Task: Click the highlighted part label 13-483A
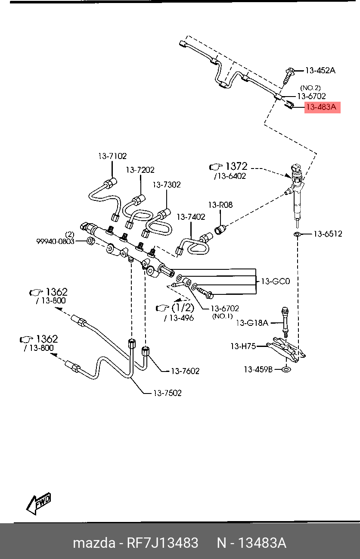click(x=322, y=107)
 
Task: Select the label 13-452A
click(x=320, y=70)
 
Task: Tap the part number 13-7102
click(x=112, y=156)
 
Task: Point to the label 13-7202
click(x=140, y=170)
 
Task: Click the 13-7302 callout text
click(x=166, y=184)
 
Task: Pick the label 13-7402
click(x=191, y=217)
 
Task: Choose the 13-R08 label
click(x=220, y=205)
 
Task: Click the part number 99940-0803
click(x=55, y=242)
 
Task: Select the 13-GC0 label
click(x=276, y=281)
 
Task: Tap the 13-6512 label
click(x=327, y=234)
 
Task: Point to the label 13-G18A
click(x=252, y=322)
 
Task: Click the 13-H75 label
click(x=243, y=346)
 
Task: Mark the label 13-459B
click(x=258, y=369)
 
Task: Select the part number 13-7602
click(x=185, y=371)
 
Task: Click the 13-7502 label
click(x=168, y=393)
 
